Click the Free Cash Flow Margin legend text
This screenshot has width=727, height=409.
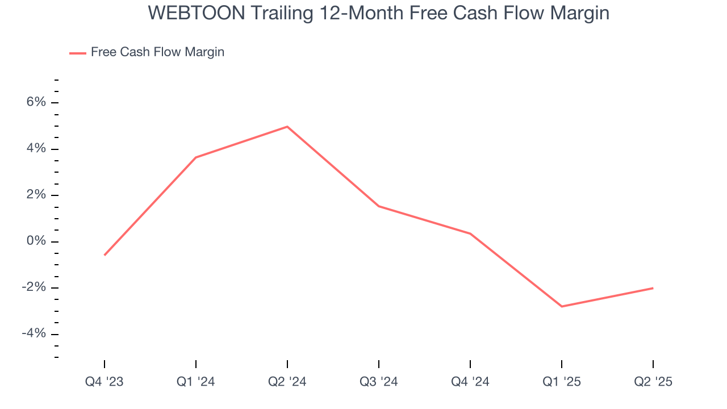point(157,52)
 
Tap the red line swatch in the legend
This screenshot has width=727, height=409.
point(78,53)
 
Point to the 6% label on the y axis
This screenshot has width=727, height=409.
point(35,102)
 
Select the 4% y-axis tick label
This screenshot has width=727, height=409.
point(35,149)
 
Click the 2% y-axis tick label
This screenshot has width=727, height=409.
point(35,195)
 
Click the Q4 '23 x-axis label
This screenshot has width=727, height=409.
point(105,382)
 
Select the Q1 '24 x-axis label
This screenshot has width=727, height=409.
point(196,382)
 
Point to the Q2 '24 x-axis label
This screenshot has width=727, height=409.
point(287,382)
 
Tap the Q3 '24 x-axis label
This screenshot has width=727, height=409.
point(379,382)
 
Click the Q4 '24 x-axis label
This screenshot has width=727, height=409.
point(470,382)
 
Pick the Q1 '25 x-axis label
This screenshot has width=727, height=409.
point(562,382)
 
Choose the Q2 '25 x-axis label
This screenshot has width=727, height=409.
point(653,382)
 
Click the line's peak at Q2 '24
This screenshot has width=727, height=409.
point(287,127)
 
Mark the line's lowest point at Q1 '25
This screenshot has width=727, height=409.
point(562,306)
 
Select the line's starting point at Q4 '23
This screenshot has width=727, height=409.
point(105,255)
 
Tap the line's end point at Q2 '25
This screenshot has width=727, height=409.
point(653,288)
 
